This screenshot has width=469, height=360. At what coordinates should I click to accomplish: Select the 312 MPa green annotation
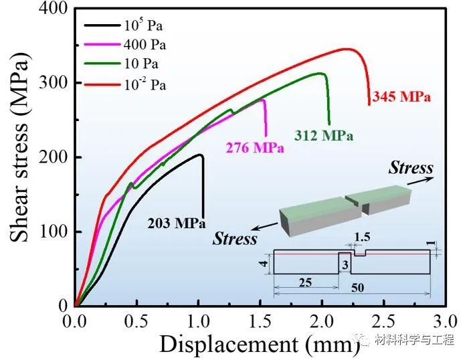tap(324, 135)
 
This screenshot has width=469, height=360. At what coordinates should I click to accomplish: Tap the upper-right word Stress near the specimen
tap(411, 168)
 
